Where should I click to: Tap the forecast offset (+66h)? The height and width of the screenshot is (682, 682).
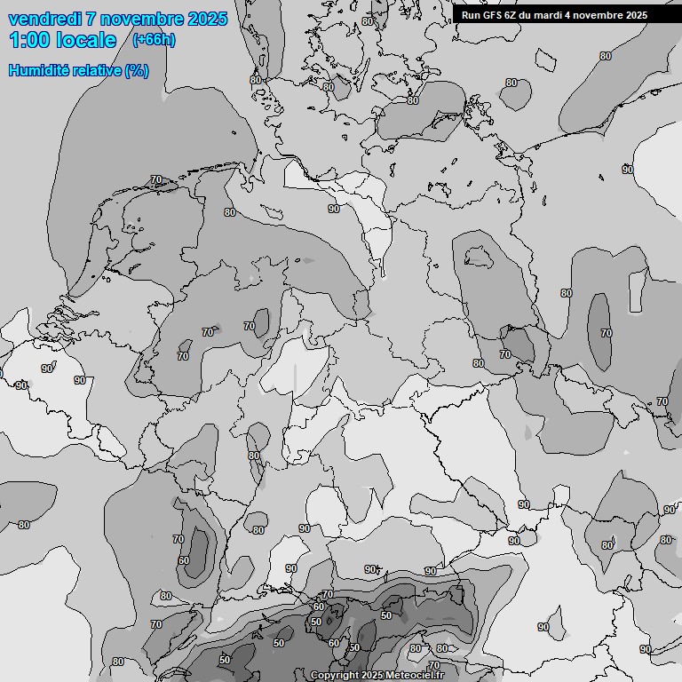tap(153, 39)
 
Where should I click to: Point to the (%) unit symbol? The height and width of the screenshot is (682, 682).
tap(137, 70)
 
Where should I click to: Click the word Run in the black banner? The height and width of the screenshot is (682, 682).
tap(470, 15)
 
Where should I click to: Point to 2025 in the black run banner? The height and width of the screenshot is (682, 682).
tap(635, 15)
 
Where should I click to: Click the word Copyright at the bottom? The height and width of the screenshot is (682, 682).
tap(335, 676)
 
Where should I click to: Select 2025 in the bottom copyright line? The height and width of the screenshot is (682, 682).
tap(372, 676)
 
